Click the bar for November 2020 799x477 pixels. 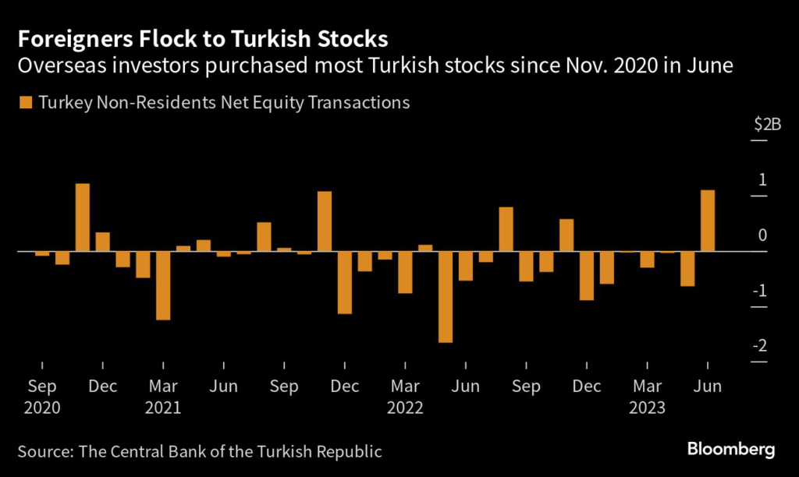(82, 217)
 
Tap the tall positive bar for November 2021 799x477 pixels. (325, 221)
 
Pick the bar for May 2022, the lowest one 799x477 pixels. (446, 297)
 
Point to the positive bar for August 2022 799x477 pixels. (506, 229)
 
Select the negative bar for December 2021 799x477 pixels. (345, 282)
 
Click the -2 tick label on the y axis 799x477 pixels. (758, 346)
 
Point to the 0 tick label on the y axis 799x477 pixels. (762, 235)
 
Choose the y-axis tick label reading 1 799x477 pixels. (762, 180)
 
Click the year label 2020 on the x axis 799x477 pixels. (42, 407)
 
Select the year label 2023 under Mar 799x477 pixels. (648, 407)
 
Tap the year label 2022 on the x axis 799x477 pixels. (406, 407)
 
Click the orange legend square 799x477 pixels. (27, 102)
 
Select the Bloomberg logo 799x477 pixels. (731, 449)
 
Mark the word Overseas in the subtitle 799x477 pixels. (54, 65)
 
